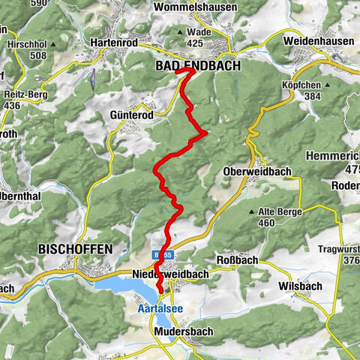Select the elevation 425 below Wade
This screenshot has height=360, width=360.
[x=195, y=43]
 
